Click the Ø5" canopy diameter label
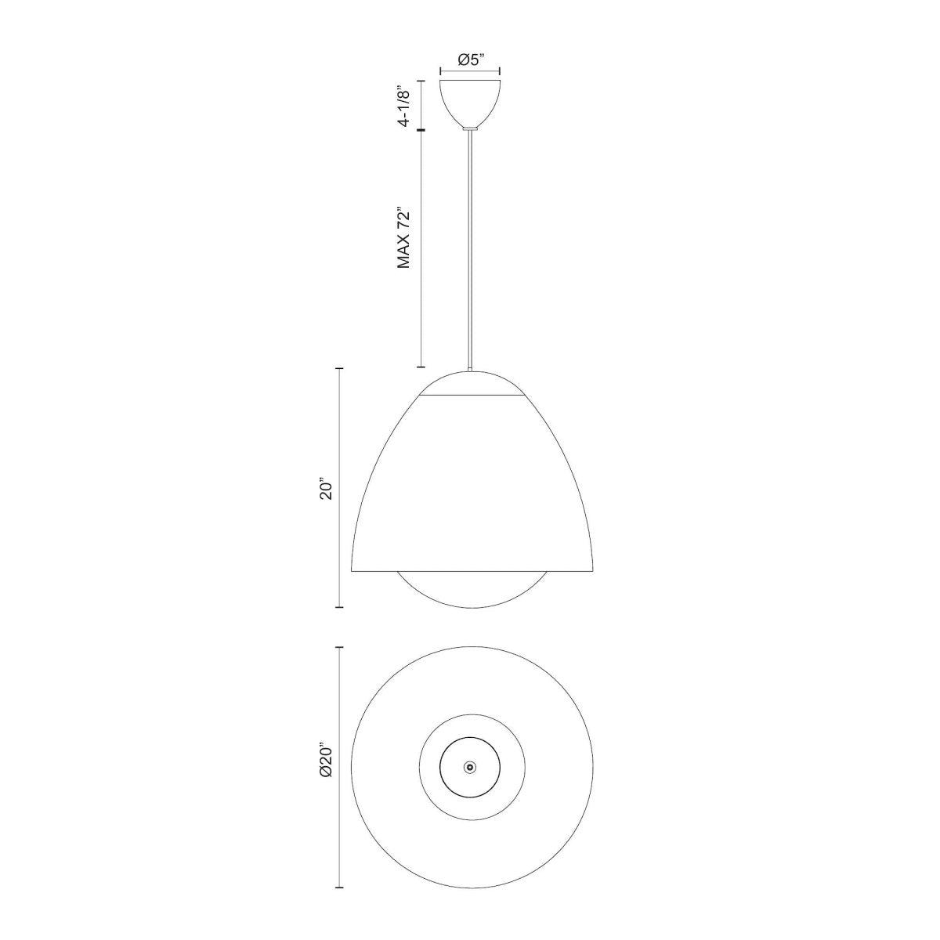click(x=470, y=59)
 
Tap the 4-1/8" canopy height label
click(x=404, y=105)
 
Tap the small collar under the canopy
click(x=470, y=127)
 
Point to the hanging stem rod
click(x=470, y=251)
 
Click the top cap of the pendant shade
click(x=470, y=384)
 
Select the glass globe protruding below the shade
click(x=470, y=591)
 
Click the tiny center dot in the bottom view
click(x=470, y=767)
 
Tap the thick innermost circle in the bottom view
click(x=441, y=767)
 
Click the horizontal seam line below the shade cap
click(x=470, y=396)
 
